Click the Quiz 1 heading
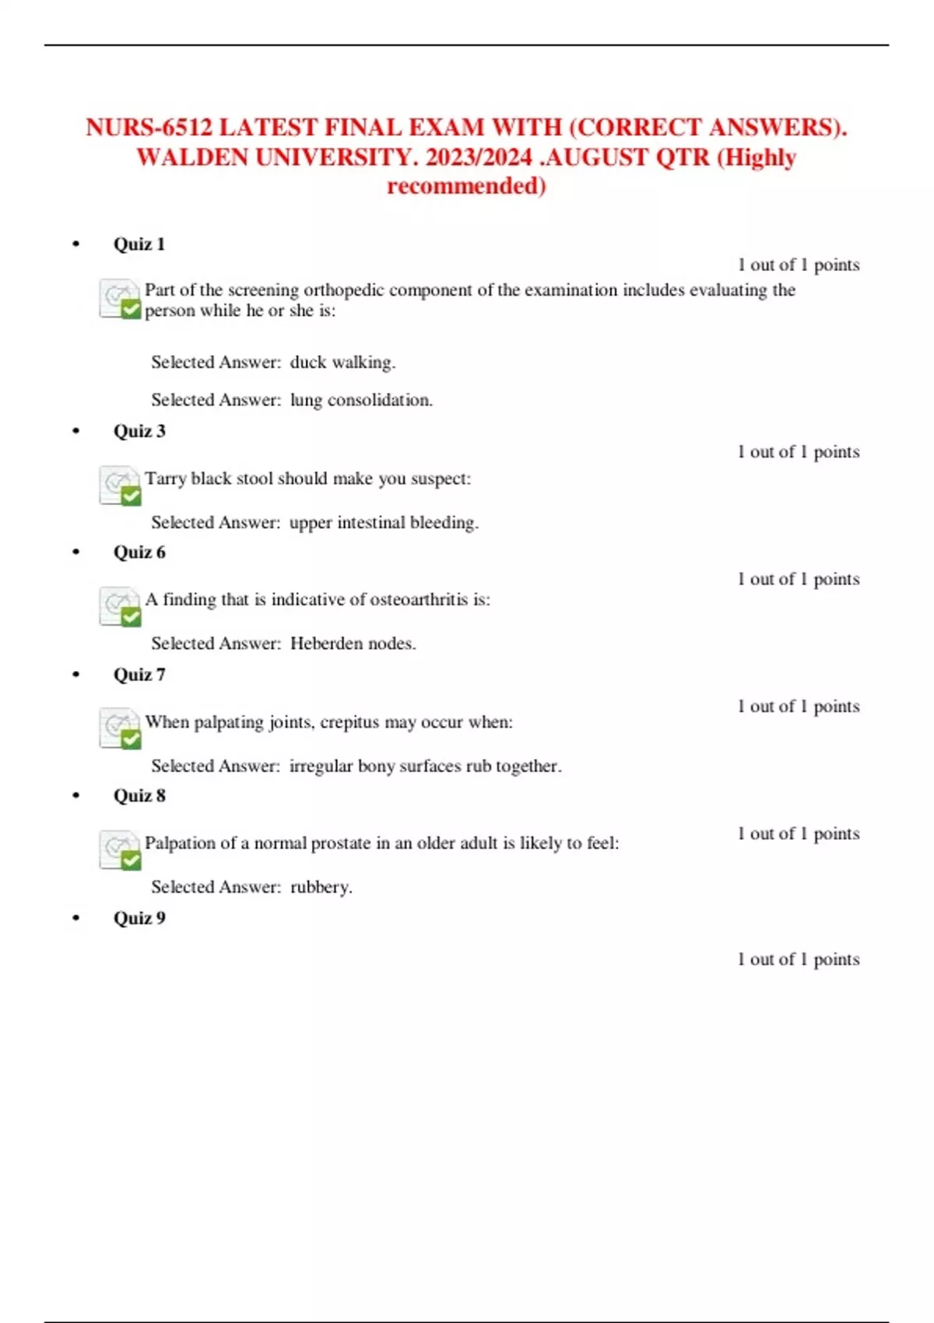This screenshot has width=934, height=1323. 139,244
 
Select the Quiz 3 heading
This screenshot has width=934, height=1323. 139,431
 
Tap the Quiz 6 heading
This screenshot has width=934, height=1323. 139,553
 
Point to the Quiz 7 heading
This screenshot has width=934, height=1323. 139,675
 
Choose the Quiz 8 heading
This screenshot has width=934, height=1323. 139,796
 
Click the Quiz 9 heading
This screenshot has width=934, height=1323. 139,918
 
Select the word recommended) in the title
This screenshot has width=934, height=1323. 466,187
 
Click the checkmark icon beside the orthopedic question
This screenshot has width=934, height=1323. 120,300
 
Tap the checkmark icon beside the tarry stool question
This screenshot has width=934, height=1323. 120,486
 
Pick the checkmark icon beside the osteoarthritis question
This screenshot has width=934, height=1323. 120,607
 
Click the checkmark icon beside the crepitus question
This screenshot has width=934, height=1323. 120,728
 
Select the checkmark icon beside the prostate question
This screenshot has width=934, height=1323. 120,851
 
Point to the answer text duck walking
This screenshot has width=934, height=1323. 342,363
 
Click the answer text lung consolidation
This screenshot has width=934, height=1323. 361,400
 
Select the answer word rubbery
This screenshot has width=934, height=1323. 321,887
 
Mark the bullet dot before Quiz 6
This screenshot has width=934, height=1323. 75,552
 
